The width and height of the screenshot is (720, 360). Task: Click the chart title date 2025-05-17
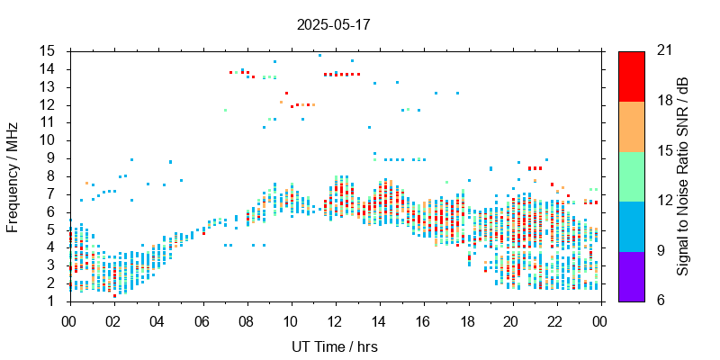pos(333,25)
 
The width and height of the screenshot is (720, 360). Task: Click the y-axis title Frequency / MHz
pos(13,175)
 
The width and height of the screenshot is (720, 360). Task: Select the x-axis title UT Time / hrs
pos(333,346)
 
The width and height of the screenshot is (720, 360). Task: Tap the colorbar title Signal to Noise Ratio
pos(684,175)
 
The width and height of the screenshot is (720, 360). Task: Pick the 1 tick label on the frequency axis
pos(53,301)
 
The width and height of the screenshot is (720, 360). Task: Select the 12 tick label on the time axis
pos(335,319)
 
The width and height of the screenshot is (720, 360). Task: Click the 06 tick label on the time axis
pos(202,319)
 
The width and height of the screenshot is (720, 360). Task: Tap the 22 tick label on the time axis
pos(555,319)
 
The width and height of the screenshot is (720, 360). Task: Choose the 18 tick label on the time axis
pos(467,319)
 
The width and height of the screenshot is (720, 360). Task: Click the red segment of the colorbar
pos(631,76)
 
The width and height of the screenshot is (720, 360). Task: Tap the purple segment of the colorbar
pos(631,275)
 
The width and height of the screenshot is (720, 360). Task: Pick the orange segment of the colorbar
pos(631,126)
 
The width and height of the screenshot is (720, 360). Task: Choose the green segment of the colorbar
pos(631,175)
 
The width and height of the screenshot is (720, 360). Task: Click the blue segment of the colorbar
pos(631,226)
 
